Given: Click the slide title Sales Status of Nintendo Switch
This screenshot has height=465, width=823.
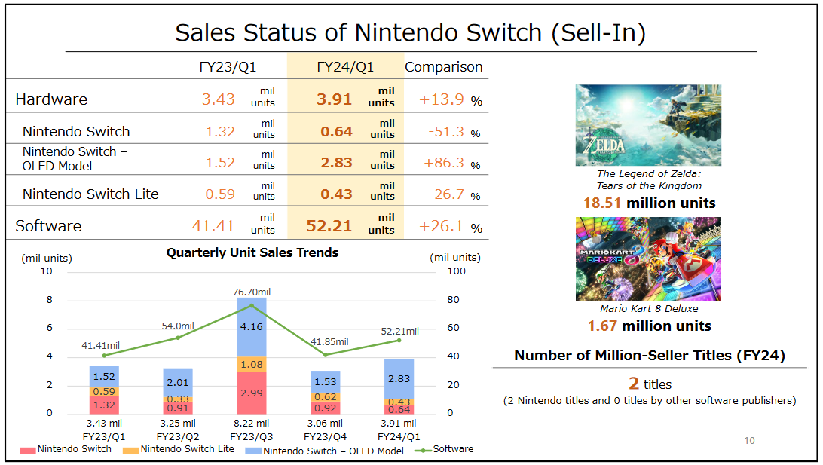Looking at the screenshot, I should click(x=411, y=33).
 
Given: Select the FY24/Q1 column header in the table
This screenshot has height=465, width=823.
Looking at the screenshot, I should click(x=345, y=67).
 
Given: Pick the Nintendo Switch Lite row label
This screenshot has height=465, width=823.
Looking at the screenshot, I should click(x=90, y=194).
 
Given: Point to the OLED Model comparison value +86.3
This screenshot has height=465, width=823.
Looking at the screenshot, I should click(x=442, y=163).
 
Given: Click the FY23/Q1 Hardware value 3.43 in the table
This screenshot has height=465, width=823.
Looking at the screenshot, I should click(x=219, y=99).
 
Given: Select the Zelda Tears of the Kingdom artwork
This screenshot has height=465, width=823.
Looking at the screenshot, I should click(x=648, y=125).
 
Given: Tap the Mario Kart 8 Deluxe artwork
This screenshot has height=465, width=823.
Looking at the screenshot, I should click(x=648, y=259).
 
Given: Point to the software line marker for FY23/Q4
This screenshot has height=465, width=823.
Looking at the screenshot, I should click(x=326, y=354).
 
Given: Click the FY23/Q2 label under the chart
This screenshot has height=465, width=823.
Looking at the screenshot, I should click(x=178, y=436).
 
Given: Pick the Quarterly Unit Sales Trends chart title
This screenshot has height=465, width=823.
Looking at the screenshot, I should click(x=252, y=252).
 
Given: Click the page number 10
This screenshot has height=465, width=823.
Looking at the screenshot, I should click(x=749, y=440).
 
